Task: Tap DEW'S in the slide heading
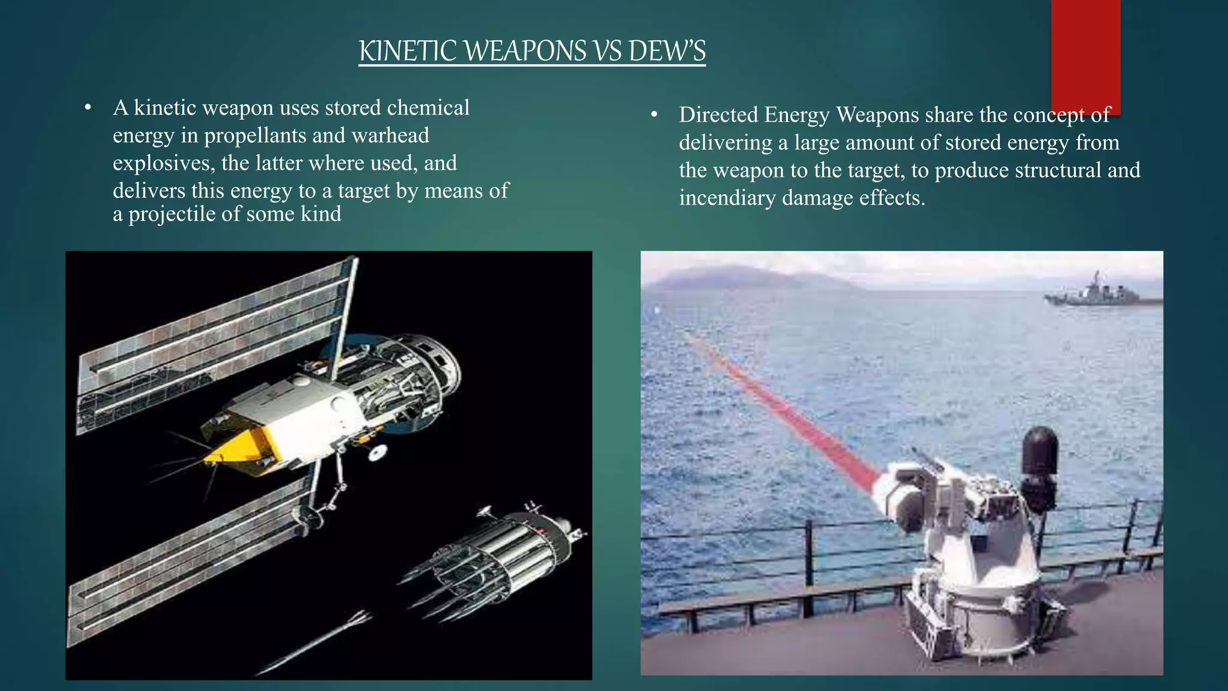click(x=667, y=51)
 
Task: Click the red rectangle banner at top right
click(x=1085, y=54)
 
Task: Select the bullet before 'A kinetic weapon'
click(x=88, y=109)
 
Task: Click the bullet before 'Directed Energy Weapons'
click(x=654, y=115)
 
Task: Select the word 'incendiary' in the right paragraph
click(x=727, y=198)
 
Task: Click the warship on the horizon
click(x=1100, y=293)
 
